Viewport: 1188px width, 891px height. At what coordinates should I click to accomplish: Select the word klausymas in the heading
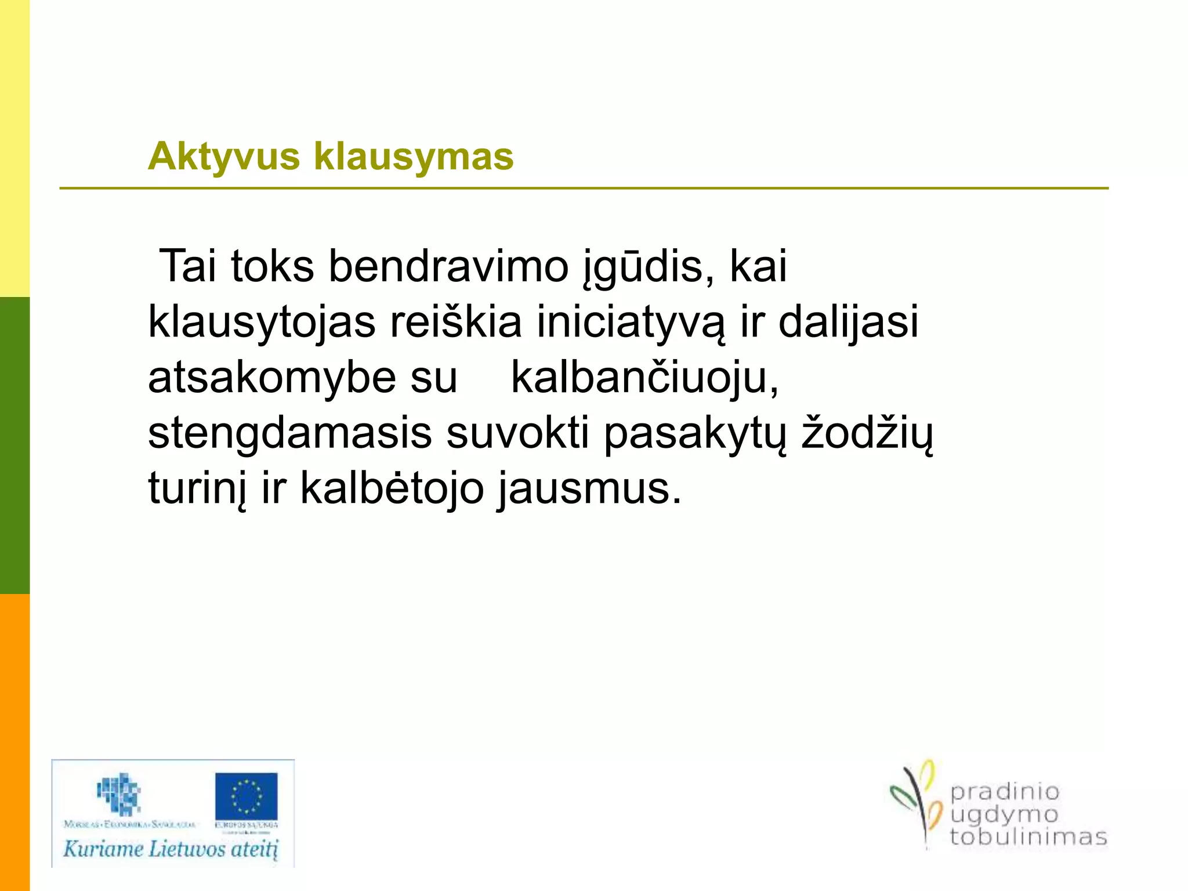pyautogui.click(x=414, y=157)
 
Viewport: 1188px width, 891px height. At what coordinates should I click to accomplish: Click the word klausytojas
pyautogui.click(x=262, y=323)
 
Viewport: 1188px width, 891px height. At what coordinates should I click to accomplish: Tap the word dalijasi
pyautogui.click(x=848, y=323)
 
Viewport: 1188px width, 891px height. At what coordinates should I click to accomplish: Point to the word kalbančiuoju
pyautogui.click(x=644, y=378)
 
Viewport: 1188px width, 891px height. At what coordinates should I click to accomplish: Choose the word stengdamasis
pyautogui.click(x=289, y=434)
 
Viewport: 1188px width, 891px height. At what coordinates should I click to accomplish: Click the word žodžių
pyautogui.click(x=867, y=434)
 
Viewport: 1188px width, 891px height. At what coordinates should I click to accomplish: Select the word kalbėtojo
pyautogui.click(x=392, y=488)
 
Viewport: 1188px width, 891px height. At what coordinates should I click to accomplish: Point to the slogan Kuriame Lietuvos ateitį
pyautogui.click(x=171, y=849)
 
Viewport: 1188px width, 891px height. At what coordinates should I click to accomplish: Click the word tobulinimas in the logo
pyautogui.click(x=1028, y=837)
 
